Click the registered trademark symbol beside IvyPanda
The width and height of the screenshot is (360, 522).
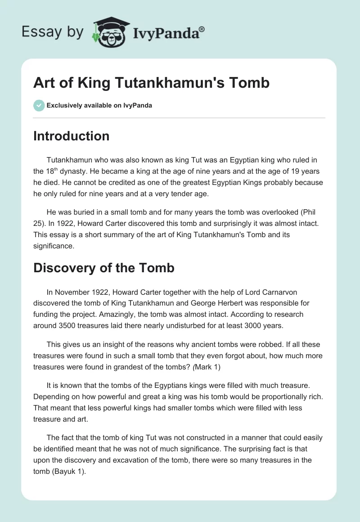202,29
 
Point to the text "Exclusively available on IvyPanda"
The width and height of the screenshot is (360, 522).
99,105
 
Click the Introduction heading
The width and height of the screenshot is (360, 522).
71,136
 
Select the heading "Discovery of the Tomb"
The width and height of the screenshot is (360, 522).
103,268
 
